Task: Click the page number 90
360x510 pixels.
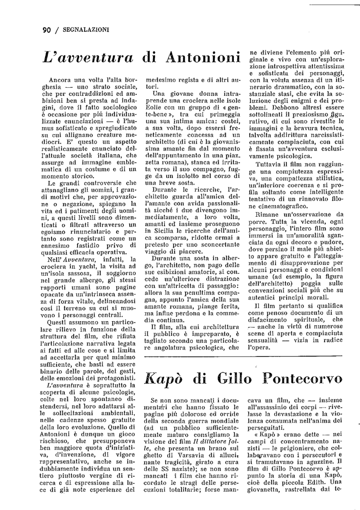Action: (x=47, y=30)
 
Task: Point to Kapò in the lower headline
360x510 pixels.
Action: (x=163, y=379)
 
